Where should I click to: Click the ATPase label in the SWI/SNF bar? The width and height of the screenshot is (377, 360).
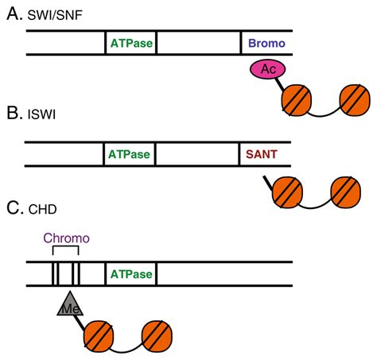[x=131, y=43]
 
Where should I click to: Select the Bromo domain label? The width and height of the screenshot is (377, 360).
[x=266, y=43]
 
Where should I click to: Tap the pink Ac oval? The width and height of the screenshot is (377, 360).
[x=268, y=69]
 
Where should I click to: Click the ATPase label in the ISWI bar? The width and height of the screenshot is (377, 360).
[x=129, y=154]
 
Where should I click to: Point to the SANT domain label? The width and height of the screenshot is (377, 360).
[x=262, y=154]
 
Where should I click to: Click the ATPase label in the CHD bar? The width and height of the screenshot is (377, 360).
[x=131, y=274]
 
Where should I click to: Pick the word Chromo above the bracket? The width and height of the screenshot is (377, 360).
[x=67, y=238]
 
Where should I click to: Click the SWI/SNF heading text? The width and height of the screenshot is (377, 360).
[x=55, y=15]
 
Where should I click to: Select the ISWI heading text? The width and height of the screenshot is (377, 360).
[x=41, y=114]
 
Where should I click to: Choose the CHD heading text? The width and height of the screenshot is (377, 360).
[x=42, y=210]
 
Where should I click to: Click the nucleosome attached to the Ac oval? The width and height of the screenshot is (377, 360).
[x=297, y=100]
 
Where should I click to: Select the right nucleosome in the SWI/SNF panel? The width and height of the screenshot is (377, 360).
[x=355, y=100]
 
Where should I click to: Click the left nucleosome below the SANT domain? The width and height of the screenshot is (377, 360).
[x=287, y=192]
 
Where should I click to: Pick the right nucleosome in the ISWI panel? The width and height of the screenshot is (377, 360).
[x=346, y=192]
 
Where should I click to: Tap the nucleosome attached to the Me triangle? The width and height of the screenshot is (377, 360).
[x=99, y=336]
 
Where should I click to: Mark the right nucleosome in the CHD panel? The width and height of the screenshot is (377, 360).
[x=157, y=336]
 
